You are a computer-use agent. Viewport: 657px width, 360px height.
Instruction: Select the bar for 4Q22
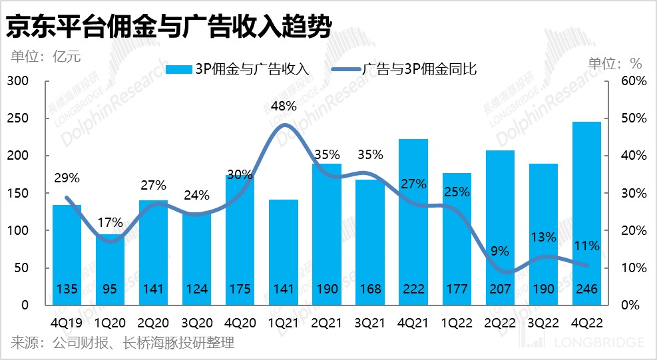586,213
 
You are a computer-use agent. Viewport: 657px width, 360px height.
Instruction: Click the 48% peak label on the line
284,106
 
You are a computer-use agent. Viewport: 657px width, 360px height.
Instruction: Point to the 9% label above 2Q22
500,251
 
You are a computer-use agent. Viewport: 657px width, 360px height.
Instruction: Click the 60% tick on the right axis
634,81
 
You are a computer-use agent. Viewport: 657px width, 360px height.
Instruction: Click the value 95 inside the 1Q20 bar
110,289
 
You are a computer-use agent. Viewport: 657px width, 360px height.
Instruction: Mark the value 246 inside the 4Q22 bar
586,289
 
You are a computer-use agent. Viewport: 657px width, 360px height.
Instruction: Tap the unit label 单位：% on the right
614,64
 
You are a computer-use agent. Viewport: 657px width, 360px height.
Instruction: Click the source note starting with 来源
122,343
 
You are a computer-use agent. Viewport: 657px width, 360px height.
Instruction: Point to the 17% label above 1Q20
110,222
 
